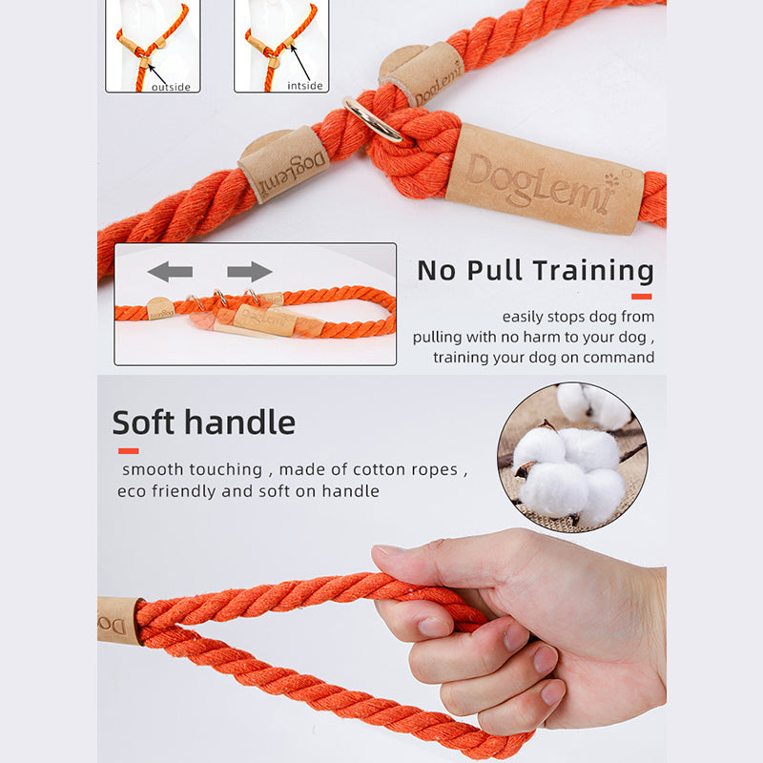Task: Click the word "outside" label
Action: (x=171, y=87)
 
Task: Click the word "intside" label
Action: (x=304, y=86)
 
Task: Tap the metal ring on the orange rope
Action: (x=373, y=119)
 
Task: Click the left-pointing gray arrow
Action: (x=170, y=272)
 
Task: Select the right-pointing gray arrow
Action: (x=250, y=272)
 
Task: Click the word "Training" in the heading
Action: (x=593, y=271)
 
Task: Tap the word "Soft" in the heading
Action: (x=143, y=422)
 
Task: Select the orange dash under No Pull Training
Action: (x=641, y=297)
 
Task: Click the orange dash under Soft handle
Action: (x=129, y=451)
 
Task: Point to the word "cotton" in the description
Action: (x=380, y=469)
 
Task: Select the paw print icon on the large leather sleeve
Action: (x=611, y=180)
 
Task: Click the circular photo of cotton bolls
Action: (x=572, y=457)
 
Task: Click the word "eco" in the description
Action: (x=132, y=491)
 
